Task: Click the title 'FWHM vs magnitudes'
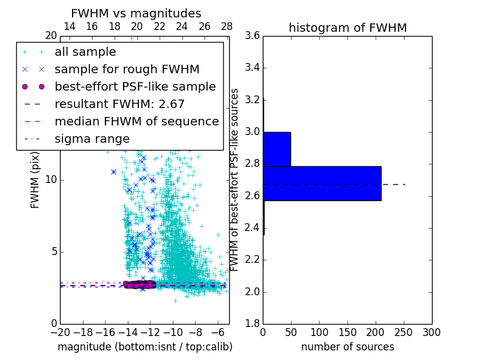click(x=136, y=13)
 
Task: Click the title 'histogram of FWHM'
click(x=347, y=28)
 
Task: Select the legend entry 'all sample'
click(x=85, y=52)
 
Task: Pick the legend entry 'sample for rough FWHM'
click(x=127, y=69)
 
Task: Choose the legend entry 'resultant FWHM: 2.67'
click(x=119, y=104)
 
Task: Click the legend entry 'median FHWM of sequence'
click(x=136, y=121)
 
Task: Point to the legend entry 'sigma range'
click(x=92, y=139)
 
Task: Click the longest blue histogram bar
click(x=322, y=183)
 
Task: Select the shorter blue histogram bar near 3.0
click(x=277, y=149)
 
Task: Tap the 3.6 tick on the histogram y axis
click(x=252, y=36)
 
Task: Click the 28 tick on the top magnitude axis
click(x=227, y=26)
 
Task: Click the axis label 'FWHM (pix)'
click(x=35, y=180)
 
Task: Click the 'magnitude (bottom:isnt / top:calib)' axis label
click(x=145, y=347)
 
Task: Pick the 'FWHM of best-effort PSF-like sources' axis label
click(x=235, y=180)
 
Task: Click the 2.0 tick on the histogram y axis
click(x=252, y=292)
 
